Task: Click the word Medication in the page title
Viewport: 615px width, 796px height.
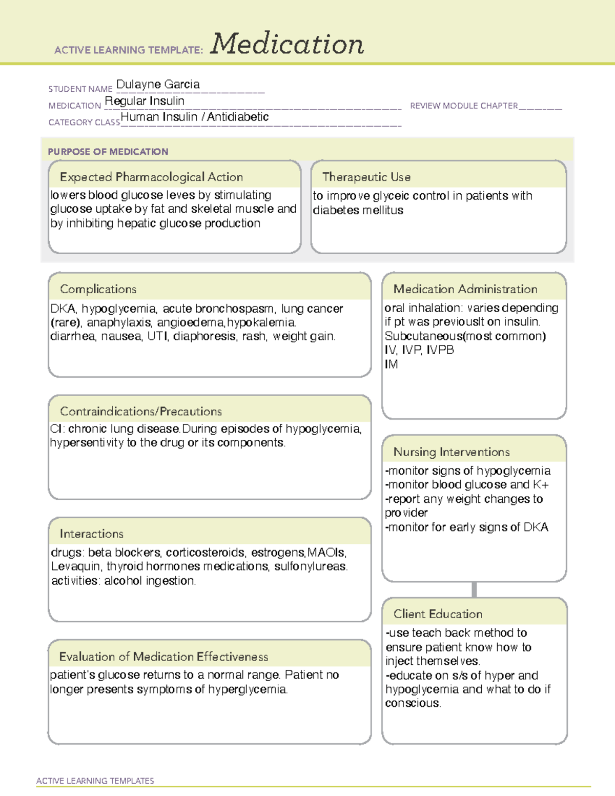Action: [x=287, y=44]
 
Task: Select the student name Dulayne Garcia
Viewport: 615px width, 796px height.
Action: [x=158, y=85]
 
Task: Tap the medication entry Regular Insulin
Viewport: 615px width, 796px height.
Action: [x=145, y=101]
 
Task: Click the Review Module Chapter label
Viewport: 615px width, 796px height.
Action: [x=464, y=106]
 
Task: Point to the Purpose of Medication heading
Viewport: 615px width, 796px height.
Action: [x=108, y=152]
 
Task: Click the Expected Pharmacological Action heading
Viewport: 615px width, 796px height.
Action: [x=151, y=177]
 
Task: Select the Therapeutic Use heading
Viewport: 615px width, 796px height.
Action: [x=366, y=177]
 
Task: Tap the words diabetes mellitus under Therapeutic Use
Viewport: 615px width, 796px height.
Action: [x=358, y=210]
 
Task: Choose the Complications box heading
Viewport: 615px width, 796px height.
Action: [x=98, y=289]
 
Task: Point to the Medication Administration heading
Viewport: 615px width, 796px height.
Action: [x=465, y=289]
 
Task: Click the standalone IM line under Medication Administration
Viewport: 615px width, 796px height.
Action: [x=391, y=364]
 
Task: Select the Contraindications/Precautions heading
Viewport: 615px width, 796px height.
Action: [x=141, y=411]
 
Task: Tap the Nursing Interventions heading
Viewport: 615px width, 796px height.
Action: [x=452, y=452]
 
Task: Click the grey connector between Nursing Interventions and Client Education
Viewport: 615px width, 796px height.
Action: [x=474, y=589]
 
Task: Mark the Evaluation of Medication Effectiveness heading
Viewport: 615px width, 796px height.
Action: [x=163, y=657]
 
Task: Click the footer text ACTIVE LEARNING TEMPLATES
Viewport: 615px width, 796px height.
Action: [x=95, y=781]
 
